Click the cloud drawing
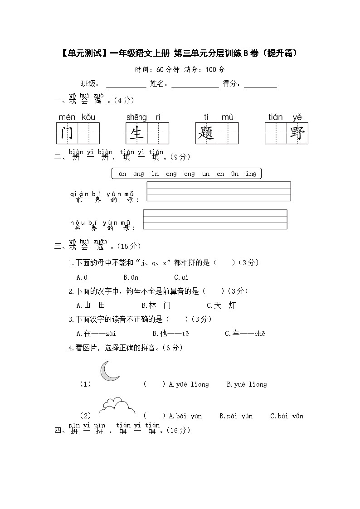click(117, 406)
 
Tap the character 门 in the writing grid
click(67, 134)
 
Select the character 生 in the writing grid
click(136, 134)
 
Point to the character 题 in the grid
click(206, 134)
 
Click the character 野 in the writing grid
click(297, 134)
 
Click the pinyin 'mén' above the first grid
click(67, 117)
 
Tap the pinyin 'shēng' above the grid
click(136, 117)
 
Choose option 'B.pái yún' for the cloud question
click(236, 416)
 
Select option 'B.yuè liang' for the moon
click(247, 384)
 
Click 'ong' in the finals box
click(190, 174)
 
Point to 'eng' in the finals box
click(171, 174)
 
